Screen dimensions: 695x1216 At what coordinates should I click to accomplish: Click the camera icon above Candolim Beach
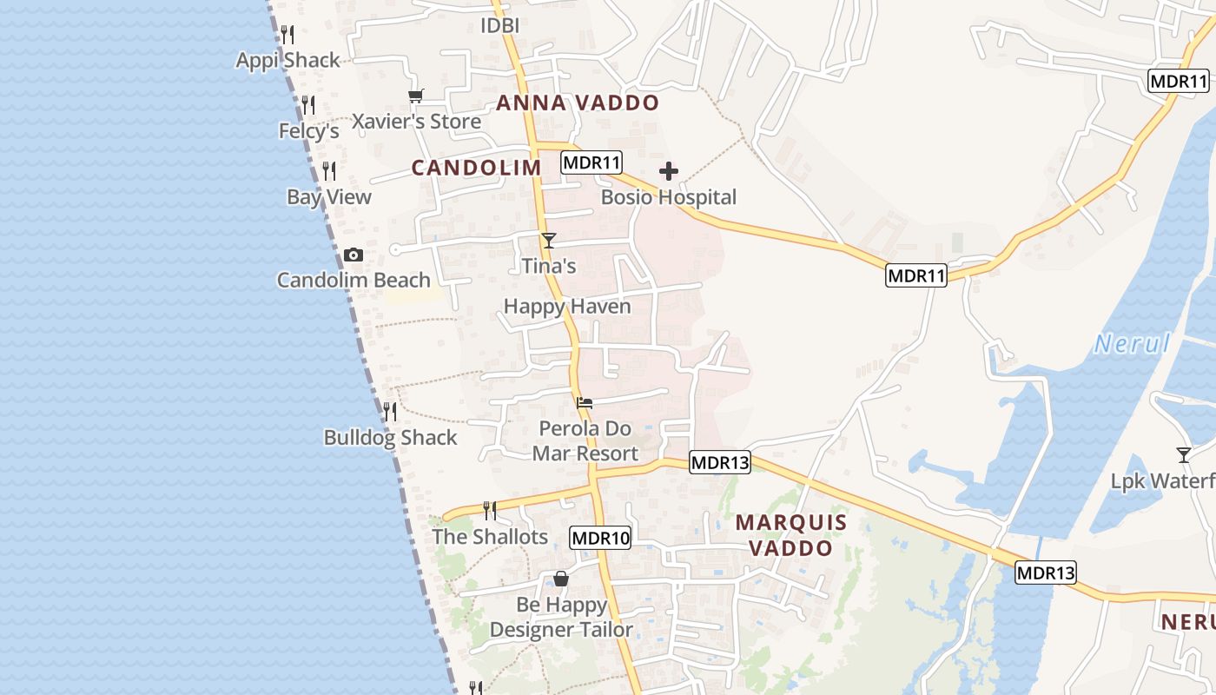pos(353,255)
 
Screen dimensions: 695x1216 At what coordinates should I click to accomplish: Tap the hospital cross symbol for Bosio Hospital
pos(668,171)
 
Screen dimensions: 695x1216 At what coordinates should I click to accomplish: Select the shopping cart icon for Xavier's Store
pos(416,96)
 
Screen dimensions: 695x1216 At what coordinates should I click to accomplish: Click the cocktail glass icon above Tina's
pos(548,240)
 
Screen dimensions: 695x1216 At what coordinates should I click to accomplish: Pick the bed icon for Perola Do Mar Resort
pos(585,402)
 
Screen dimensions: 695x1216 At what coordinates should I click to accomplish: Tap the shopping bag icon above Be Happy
pos(561,578)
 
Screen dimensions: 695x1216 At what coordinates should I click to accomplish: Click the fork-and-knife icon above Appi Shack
pos(287,34)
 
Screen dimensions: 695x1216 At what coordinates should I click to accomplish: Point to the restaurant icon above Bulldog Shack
pos(390,410)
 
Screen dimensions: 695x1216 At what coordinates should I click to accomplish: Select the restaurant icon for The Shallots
pos(490,510)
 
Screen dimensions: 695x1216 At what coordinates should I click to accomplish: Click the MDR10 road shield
pos(600,538)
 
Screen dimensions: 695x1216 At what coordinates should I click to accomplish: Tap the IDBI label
pos(499,26)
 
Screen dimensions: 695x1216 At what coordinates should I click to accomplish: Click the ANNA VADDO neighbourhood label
pos(578,103)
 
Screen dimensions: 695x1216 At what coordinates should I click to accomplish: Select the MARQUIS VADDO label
pos(790,535)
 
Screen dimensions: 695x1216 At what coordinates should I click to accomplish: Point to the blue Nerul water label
pos(1132,344)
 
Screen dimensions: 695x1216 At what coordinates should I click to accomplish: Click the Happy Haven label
pos(567,306)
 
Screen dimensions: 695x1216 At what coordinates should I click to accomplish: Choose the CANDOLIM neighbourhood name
pos(476,168)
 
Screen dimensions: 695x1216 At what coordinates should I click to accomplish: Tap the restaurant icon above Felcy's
pos(308,105)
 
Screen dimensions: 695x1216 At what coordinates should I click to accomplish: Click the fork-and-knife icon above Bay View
pos(328,170)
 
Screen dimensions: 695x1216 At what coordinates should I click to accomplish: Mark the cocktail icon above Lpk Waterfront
pos(1183,454)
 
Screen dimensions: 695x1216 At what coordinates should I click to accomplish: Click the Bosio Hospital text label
pos(669,197)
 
